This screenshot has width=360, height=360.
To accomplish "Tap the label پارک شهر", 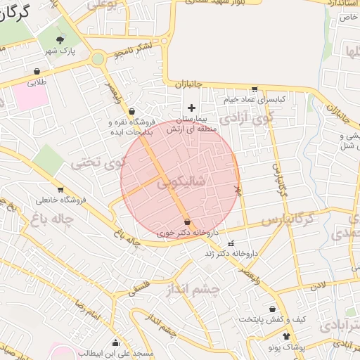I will (x=60, y=51).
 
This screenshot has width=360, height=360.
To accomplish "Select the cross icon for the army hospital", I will (x=191, y=107).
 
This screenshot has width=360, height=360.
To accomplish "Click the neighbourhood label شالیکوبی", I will (x=181, y=181).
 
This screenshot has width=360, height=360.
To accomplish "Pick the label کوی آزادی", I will (x=243, y=119).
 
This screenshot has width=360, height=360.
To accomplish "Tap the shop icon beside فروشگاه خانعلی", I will (x=60, y=189).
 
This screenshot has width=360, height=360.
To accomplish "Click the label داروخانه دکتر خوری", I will (x=188, y=231).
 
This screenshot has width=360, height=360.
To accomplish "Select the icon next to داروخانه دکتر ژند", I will (x=230, y=243).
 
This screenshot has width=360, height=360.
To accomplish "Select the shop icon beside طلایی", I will (x=37, y=72).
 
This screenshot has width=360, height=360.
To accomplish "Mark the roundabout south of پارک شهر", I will (x=98, y=58).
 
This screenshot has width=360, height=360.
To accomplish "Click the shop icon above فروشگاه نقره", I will (x=131, y=111).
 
